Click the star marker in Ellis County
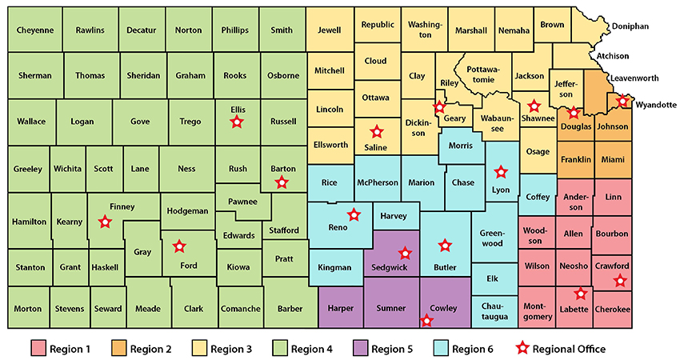point(236,122)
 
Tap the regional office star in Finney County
point(105,222)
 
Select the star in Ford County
point(179,246)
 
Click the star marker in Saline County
point(375,132)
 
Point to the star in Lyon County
point(502,171)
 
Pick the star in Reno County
point(354,214)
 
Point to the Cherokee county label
point(612,310)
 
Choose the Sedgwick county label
point(387,268)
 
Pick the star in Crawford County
point(619,280)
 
